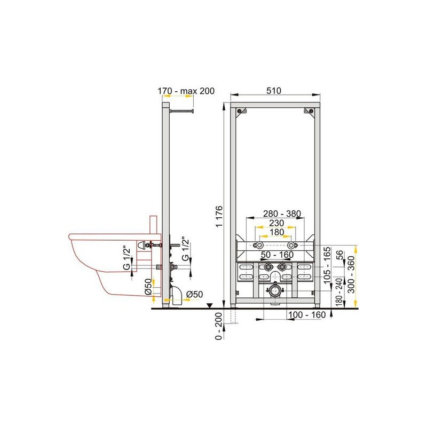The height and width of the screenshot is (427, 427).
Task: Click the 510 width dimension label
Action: coord(274,91)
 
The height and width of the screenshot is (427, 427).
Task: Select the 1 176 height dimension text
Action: coord(219,217)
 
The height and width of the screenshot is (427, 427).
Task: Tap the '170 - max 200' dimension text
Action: coord(186,91)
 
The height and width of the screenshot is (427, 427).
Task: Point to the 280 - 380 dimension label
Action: coord(282,214)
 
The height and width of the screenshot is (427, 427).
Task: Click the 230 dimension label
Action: coord(276,223)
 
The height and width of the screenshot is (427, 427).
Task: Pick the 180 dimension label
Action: coord(276,232)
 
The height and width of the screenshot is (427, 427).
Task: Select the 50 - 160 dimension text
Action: coord(277,255)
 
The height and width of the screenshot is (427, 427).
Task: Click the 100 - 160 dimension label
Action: coord(307,315)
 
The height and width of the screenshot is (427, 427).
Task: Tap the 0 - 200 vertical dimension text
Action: coord(219,326)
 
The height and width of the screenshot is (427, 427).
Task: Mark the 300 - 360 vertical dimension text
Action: coord(352,275)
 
